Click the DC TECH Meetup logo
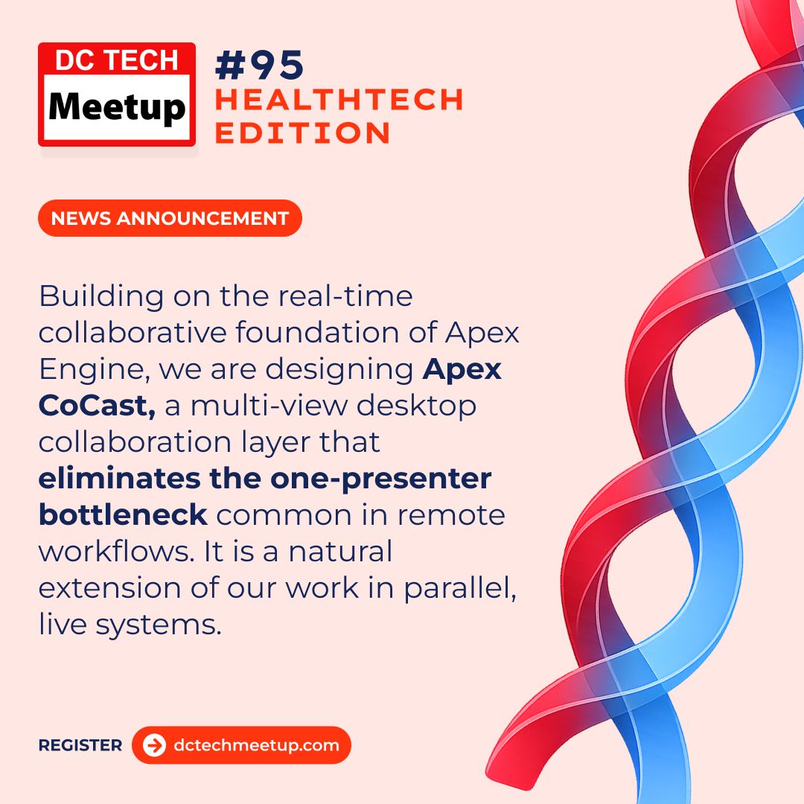pyautogui.click(x=117, y=95)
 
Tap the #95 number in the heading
pyautogui.click(x=260, y=65)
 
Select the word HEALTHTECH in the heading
pyautogui.click(x=339, y=100)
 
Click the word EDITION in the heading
pyautogui.click(x=302, y=133)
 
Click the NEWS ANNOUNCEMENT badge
pyautogui.click(x=170, y=218)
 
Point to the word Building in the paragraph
pyautogui.click(x=101, y=297)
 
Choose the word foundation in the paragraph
pyautogui.click(x=317, y=332)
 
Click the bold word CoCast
pyautogui.click(x=97, y=406)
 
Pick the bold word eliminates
pyautogui.click(x=119, y=479)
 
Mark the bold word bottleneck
pyautogui.click(x=123, y=515)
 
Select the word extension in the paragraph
pyautogui.click(x=109, y=588)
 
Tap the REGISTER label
pyautogui.click(x=80, y=745)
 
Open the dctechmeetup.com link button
pyautogui.click(x=241, y=745)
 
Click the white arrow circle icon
pyautogui.click(x=154, y=745)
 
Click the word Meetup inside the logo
pyautogui.click(x=117, y=108)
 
